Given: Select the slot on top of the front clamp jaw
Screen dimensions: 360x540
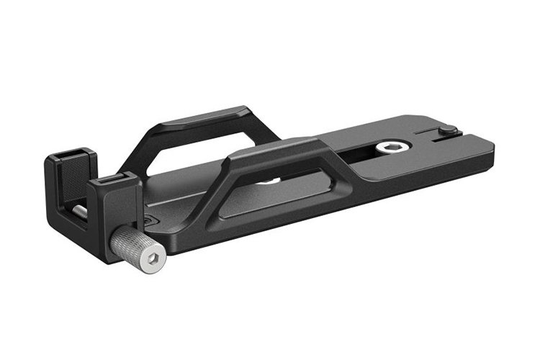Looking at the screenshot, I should [x=112, y=178].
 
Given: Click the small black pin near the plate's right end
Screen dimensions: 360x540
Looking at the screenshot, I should [x=447, y=130].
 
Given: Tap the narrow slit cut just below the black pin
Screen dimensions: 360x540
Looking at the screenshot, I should [x=450, y=141].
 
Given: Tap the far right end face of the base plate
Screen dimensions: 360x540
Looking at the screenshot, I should [x=492, y=151].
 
